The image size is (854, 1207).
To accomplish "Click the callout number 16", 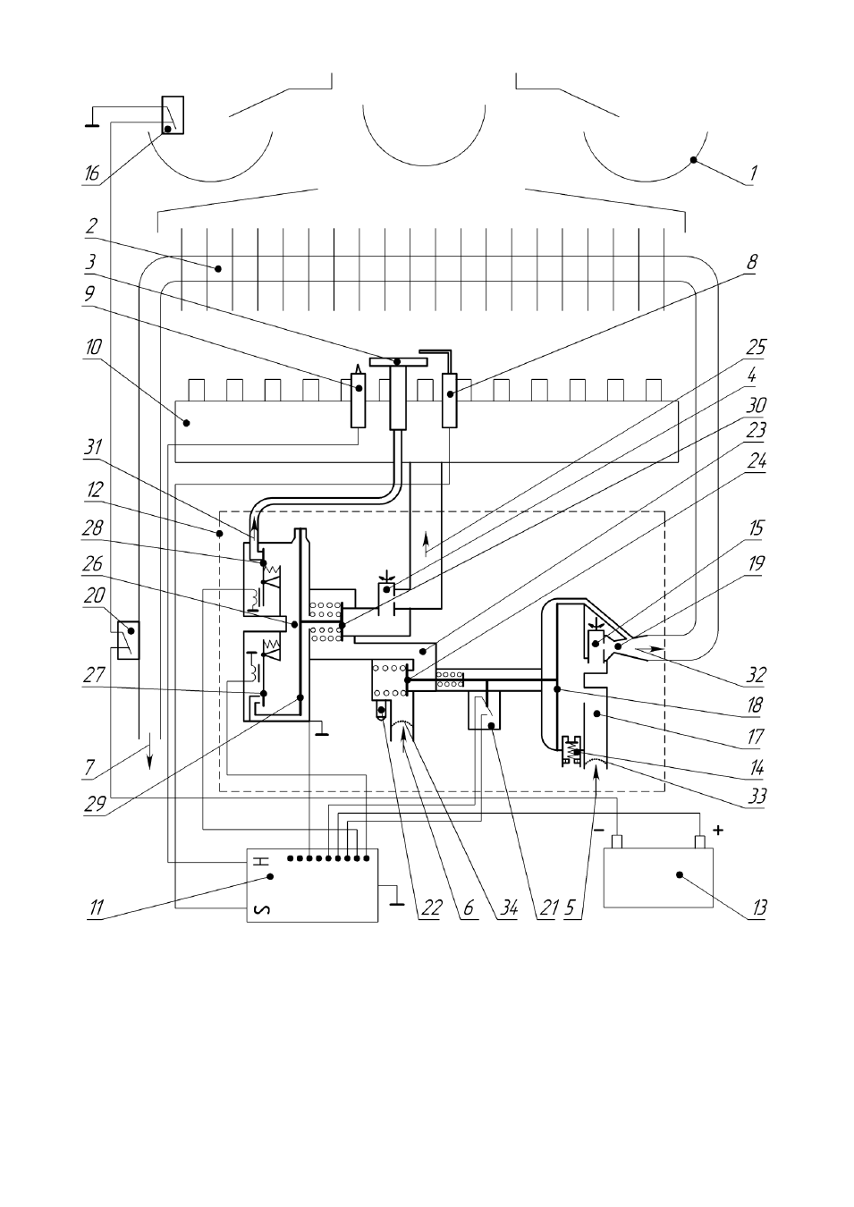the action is [x=92, y=173].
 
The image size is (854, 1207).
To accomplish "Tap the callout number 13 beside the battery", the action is [x=758, y=908].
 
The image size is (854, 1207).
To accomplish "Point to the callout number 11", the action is [x=96, y=908].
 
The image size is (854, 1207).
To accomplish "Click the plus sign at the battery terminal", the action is [x=717, y=831].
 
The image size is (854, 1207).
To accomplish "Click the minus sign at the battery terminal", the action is [x=598, y=831].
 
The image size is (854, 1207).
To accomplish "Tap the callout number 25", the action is [x=756, y=347].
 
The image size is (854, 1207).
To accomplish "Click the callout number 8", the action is [x=752, y=263].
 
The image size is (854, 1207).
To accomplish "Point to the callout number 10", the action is [x=93, y=347].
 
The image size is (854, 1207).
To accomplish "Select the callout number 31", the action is [x=93, y=448].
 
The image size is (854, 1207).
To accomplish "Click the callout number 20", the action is [x=94, y=595].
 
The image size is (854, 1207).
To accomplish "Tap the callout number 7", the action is [x=90, y=767].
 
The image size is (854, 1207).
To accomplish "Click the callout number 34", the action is [x=508, y=908].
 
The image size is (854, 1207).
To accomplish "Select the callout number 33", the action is [x=757, y=796].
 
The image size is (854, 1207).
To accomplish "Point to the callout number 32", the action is [x=756, y=675].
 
